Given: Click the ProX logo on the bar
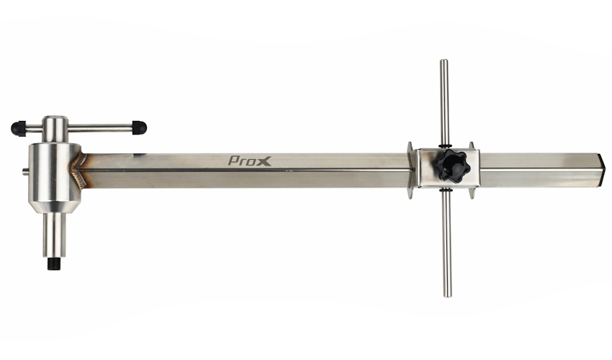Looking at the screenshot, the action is coord(249,161).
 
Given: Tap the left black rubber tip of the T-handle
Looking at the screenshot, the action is coord(18,127).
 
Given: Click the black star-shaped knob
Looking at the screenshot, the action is coord(453,166).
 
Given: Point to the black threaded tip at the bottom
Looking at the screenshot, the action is coord(54,264).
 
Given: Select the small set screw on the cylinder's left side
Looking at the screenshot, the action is coord(25,170).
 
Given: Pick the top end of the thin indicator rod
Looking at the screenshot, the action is coord(444,61).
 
